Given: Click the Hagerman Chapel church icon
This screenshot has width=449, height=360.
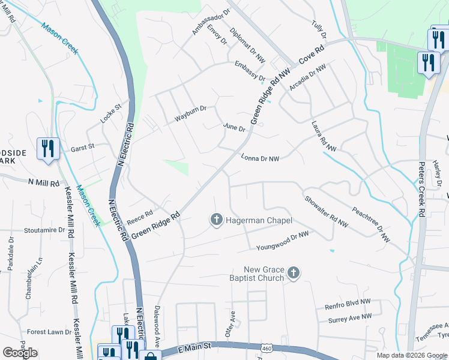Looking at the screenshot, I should tap(216, 221).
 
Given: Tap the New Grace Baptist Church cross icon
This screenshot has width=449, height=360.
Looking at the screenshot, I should tap(294, 274).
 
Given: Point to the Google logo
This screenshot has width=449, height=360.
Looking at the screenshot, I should tap(20, 353).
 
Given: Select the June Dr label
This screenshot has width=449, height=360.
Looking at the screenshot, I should tap(234, 128).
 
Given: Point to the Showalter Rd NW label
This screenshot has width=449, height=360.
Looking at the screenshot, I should tap(326, 212).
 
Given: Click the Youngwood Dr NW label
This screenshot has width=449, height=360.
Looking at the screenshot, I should tap(282, 240).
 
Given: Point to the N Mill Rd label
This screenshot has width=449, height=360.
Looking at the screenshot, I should tap(44, 182).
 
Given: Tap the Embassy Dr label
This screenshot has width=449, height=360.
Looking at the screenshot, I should tap(250, 71).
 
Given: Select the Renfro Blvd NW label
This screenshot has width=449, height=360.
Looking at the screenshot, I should tap(348, 305).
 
